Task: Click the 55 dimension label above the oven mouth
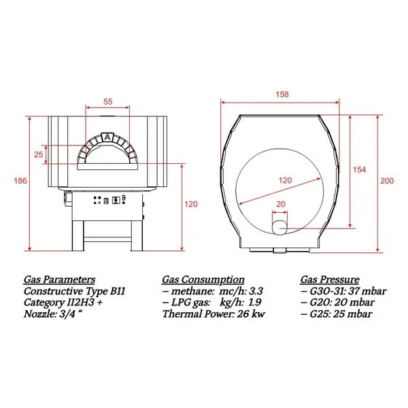[107, 101]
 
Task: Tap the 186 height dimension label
[20, 181]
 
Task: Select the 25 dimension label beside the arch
[38, 154]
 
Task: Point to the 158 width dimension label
[282, 95]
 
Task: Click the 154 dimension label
[359, 169]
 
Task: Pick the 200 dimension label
[387, 181]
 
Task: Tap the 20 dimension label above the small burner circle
[280, 204]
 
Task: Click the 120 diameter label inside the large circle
[285, 180]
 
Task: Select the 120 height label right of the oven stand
[191, 204]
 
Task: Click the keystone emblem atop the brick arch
[107, 137]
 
